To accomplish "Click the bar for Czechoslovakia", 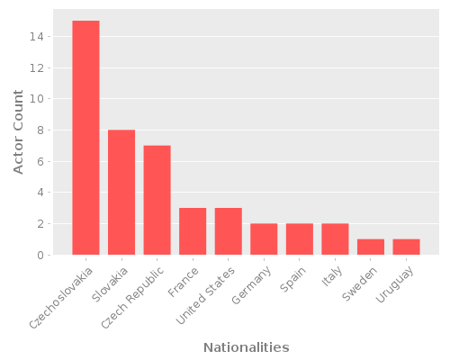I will click(x=85, y=138).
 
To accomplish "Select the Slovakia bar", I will click(x=121, y=193).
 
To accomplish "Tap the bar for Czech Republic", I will click(x=157, y=200).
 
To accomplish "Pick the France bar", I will click(x=193, y=231).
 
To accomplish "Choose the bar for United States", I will click(x=229, y=231).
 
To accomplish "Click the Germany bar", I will click(x=264, y=239).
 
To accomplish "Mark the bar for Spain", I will click(x=300, y=239).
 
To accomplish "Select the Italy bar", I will click(x=335, y=239).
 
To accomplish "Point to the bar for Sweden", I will click(x=371, y=247).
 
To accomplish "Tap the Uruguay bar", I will click(x=406, y=247).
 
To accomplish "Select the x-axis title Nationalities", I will click(x=246, y=347).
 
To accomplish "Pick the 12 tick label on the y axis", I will click(x=37, y=68).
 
